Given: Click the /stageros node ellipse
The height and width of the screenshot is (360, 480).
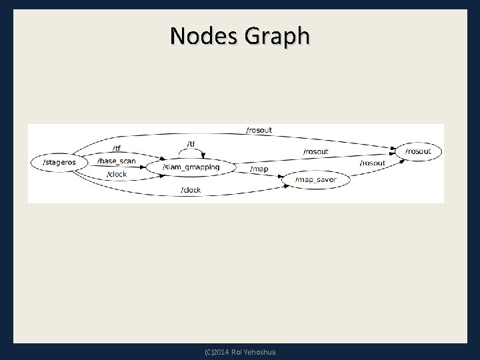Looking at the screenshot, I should [x=59, y=162].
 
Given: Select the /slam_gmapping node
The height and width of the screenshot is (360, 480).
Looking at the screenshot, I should [x=191, y=167].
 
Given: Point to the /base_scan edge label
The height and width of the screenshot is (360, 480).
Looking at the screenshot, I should [x=116, y=161].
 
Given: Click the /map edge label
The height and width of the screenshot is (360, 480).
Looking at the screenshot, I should [x=259, y=169].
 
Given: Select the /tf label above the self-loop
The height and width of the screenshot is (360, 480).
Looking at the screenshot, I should [x=191, y=144].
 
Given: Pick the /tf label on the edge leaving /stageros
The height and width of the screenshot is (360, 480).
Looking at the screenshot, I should [x=116, y=148].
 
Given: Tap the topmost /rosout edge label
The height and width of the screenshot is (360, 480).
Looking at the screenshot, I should [x=259, y=130].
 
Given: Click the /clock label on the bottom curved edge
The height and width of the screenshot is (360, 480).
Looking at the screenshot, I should [x=191, y=190].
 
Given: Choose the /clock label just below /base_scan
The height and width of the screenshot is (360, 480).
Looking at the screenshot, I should [x=117, y=174].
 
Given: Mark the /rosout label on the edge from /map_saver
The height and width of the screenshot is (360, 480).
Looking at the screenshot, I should [x=373, y=163].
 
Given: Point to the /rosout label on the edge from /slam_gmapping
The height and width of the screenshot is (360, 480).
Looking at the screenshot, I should [x=315, y=152].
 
